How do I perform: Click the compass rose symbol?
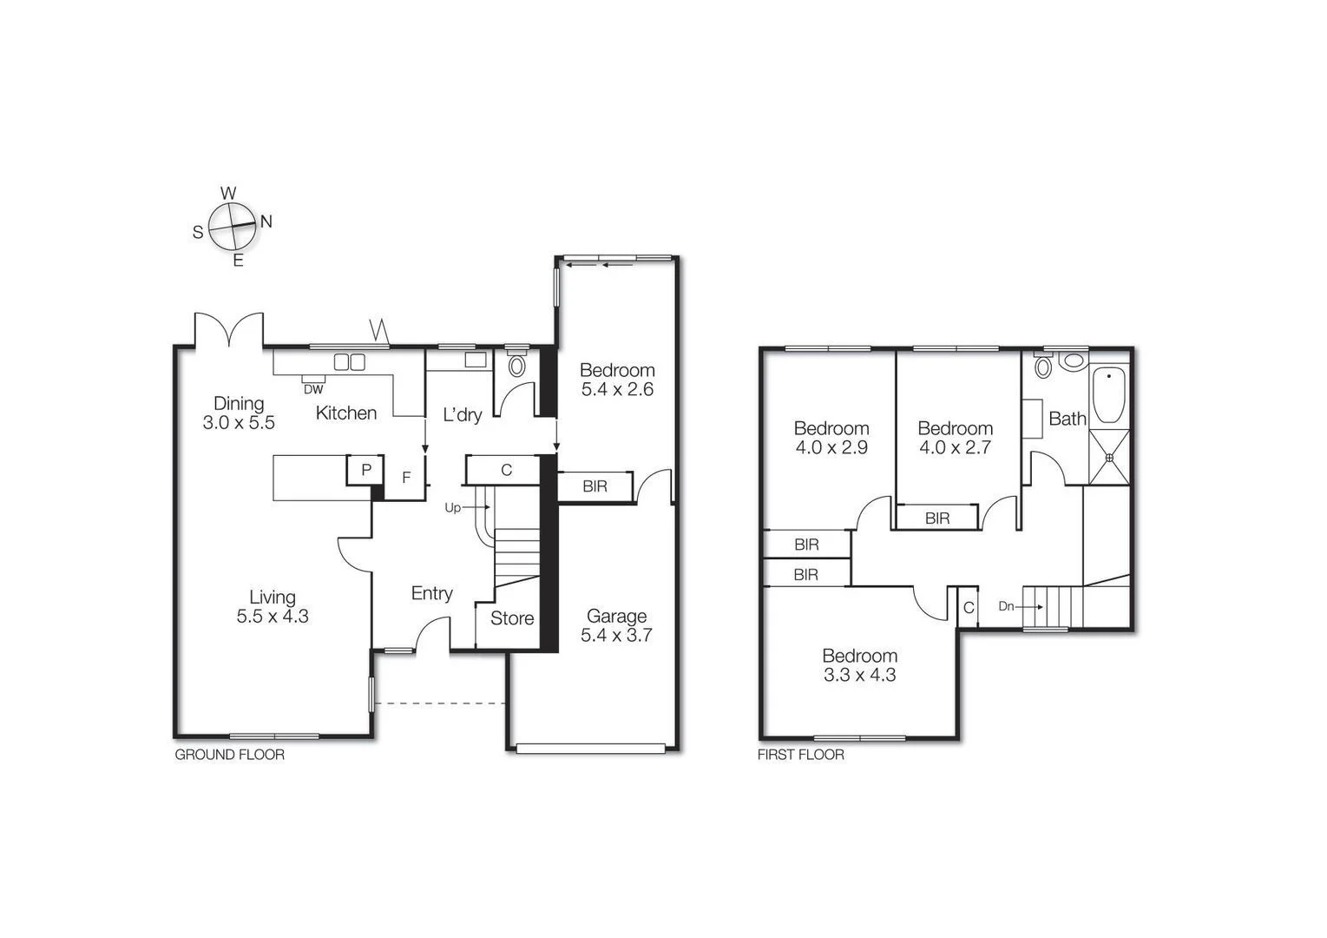pyautogui.click(x=233, y=226)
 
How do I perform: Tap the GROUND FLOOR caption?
pyautogui.click(x=229, y=755)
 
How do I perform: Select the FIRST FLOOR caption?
pyautogui.click(x=800, y=755)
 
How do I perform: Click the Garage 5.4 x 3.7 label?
pyautogui.click(x=616, y=625)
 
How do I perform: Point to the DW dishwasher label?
pyautogui.click(x=313, y=389)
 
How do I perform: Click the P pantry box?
pyautogui.click(x=366, y=470)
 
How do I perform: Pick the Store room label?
pyautogui.click(x=511, y=618)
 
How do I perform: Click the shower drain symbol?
pyautogui.click(x=1109, y=457)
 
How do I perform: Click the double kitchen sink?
pyautogui.click(x=350, y=361)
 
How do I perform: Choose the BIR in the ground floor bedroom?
pyautogui.click(x=595, y=486)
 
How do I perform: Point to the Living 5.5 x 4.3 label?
pyautogui.click(x=273, y=606)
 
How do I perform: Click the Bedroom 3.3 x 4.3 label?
pyautogui.click(x=859, y=664)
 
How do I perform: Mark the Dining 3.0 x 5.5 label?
pyautogui.click(x=239, y=413)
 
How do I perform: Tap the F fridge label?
pyautogui.click(x=405, y=478)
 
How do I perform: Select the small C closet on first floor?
pyautogui.click(x=969, y=607)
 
